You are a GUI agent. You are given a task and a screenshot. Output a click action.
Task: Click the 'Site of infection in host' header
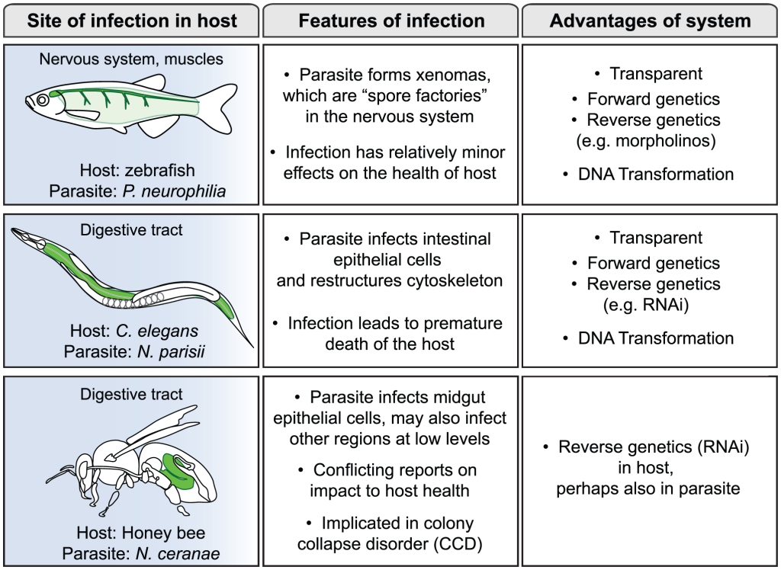tap(132, 21)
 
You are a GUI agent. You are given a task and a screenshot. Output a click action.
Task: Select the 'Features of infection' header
tap(391, 21)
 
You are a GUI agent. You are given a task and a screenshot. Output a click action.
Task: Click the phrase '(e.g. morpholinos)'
tap(653, 140)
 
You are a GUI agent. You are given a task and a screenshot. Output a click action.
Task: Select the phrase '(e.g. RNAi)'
tap(653, 304)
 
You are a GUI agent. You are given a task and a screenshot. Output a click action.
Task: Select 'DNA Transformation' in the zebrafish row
tap(656, 174)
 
